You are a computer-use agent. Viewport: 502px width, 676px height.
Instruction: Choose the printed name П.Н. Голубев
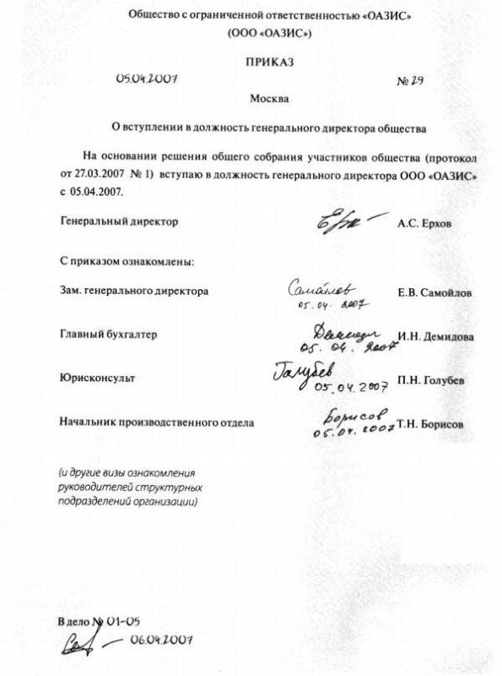pos(429,381)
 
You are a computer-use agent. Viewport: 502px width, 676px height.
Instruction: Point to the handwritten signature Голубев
pos(305,371)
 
